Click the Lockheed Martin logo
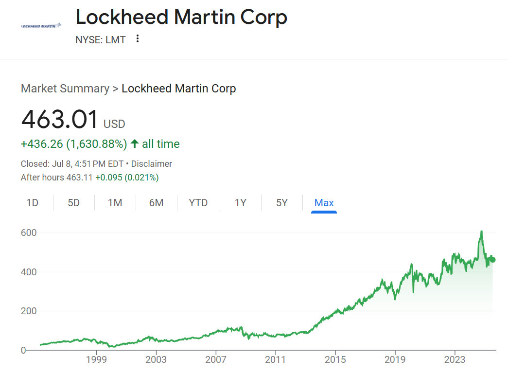pos(41,25)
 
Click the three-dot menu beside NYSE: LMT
pos(138,39)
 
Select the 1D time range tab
pos(32,203)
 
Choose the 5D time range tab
pos(73,203)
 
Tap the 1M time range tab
pos(115,203)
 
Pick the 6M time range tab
pos(156,203)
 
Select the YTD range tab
pos(198,203)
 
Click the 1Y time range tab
pos(241,203)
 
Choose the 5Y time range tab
pos(282,203)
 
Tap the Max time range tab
pos(324,203)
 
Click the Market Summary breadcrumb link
pos(65,89)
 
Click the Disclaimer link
pos(152,164)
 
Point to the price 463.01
pos(60,120)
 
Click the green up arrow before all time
pos(135,144)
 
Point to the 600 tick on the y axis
pos(29,233)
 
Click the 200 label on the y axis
pos(29,311)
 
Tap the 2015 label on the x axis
pos(335,360)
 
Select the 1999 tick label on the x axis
pos(96,360)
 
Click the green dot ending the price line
pos(492,259)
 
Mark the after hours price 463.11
pos(79,178)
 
